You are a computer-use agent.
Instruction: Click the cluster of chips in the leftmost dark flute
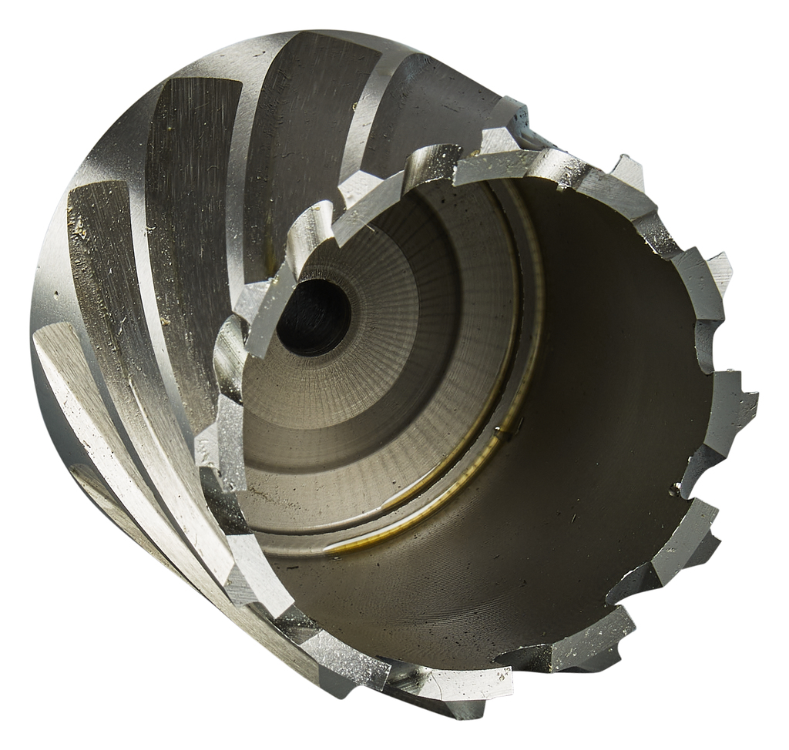(x=81, y=227)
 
